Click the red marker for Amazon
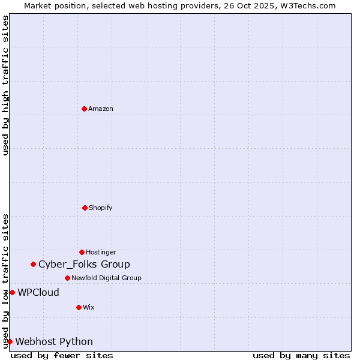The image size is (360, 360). pyautogui.click(x=84, y=109)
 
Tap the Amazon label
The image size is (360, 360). pyautogui.click(x=100, y=109)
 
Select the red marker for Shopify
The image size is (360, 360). pyautogui.click(x=85, y=208)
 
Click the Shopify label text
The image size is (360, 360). pyautogui.click(x=100, y=208)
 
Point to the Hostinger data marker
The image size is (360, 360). pyautogui.click(x=82, y=252)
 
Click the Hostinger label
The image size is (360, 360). pyautogui.click(x=101, y=252)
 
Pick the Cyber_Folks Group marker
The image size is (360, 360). pyautogui.click(x=34, y=264)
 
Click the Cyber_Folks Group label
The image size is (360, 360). pyautogui.click(x=84, y=264)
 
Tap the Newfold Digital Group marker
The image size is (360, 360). pyautogui.click(x=67, y=278)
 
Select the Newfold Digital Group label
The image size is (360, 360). pyautogui.click(x=106, y=278)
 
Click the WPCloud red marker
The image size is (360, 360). pyautogui.click(x=12, y=292)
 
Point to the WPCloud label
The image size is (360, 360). pyautogui.click(x=38, y=292)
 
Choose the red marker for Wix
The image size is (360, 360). pyautogui.click(x=79, y=307)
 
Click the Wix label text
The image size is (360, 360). pyautogui.click(x=88, y=307)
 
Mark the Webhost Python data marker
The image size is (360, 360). pyautogui.click(x=10, y=341)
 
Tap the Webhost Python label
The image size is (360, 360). pyautogui.click(x=54, y=341)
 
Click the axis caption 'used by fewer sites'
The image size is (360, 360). pyautogui.click(x=62, y=355)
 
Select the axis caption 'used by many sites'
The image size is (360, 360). pyautogui.click(x=301, y=355)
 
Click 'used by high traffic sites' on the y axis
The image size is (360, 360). pyautogui.click(x=5, y=85)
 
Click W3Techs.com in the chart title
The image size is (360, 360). pyautogui.click(x=310, y=5)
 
